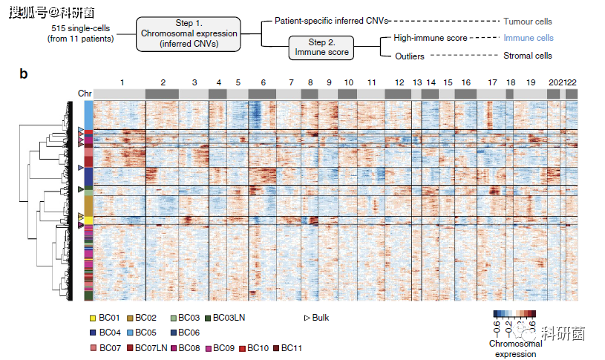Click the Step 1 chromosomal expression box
pyautogui.click(x=189, y=34)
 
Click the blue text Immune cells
pyautogui.click(x=528, y=37)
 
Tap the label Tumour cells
pyautogui.click(x=528, y=22)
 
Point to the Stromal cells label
pyautogui.click(x=528, y=56)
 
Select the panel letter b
pyautogui.click(x=24, y=73)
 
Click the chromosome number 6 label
pyautogui.click(x=262, y=81)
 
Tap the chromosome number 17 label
pyautogui.click(x=492, y=81)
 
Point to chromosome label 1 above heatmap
pyautogui.click(x=122, y=81)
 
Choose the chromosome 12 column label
pyautogui.click(x=399, y=81)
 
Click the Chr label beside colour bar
pyautogui.click(x=85, y=94)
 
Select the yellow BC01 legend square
pyautogui.click(x=93, y=318)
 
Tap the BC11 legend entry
pyautogui.click(x=286, y=347)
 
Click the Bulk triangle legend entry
pyautogui.click(x=316, y=318)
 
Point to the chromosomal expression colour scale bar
pyautogui.click(x=514, y=315)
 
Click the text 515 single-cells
pyautogui.click(x=82, y=27)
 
